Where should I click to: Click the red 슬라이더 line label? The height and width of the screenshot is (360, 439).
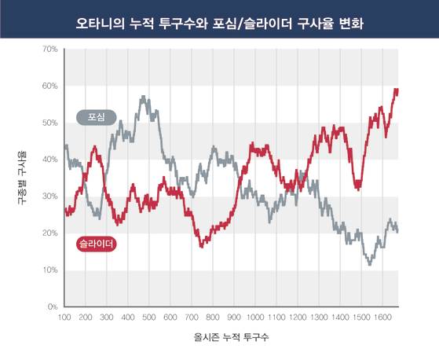pos(97,244)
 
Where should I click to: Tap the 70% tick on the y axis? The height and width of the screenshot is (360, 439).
pos(49,50)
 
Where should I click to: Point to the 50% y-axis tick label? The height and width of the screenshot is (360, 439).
pos(49,123)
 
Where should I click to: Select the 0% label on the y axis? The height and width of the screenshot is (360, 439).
pos(51,307)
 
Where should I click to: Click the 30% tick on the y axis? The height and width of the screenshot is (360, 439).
pos(49,197)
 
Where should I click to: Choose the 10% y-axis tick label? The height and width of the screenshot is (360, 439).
pos(49,270)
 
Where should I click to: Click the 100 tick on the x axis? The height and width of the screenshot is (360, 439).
pos(65,318)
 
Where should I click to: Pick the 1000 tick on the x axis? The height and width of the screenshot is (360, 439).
pos(254,318)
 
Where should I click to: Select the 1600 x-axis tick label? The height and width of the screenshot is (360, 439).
pos(381,318)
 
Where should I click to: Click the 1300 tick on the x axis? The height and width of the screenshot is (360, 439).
pos(318,318)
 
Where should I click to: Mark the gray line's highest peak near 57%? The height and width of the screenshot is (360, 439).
pos(143,97)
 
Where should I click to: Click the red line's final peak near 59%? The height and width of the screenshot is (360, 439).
pos(396,90)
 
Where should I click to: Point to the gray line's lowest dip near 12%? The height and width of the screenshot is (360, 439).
pos(370,263)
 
